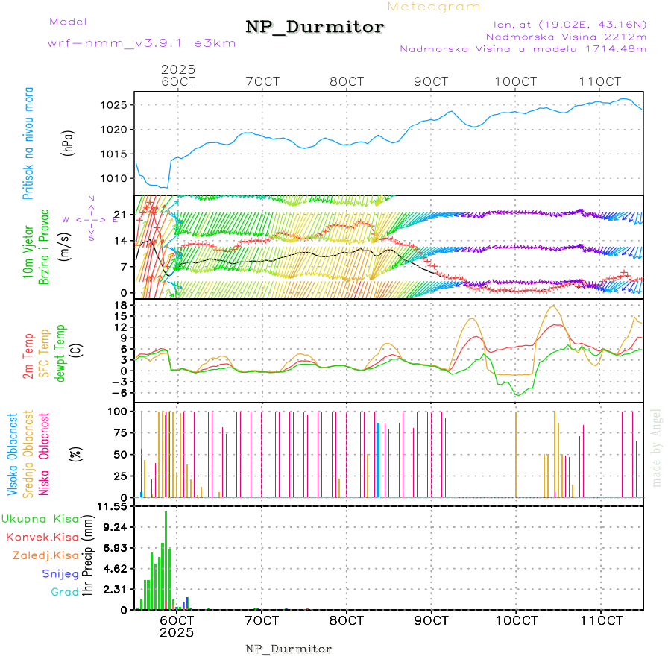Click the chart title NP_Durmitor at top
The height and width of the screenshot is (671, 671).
(x=315, y=28)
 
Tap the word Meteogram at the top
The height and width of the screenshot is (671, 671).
(x=434, y=7)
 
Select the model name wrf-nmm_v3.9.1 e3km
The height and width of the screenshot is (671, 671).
(x=142, y=42)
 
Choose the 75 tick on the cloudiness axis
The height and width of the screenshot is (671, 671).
(x=118, y=432)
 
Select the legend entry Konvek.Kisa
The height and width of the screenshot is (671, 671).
(x=42, y=537)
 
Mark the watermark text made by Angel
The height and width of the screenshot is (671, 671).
(x=657, y=447)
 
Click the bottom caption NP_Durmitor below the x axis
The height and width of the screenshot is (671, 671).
(x=289, y=649)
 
